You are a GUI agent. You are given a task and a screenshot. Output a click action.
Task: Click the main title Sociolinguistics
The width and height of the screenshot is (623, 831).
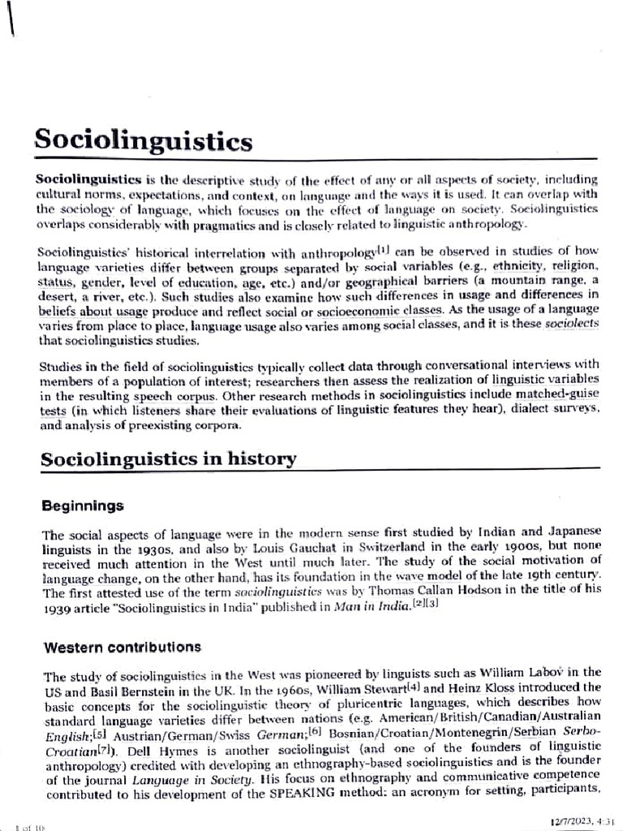coord(143,141)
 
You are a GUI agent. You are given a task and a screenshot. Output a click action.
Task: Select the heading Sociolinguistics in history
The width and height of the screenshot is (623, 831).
coord(168,459)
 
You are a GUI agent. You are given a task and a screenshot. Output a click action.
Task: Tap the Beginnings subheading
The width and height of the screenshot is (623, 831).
coord(83,506)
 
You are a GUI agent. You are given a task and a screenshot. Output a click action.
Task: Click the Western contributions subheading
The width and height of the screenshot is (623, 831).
coord(122,647)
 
